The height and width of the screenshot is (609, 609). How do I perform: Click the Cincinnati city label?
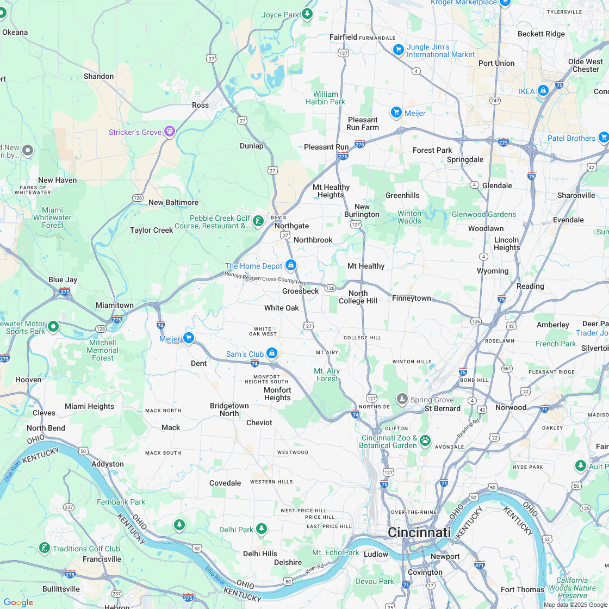click(x=419, y=532)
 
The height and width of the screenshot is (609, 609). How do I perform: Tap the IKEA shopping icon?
click(x=542, y=90)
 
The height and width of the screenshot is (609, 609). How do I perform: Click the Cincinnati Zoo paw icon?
click(x=425, y=440)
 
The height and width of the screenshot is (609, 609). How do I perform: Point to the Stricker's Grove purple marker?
click(x=170, y=132)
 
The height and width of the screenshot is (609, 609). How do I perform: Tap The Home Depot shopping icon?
click(x=291, y=265)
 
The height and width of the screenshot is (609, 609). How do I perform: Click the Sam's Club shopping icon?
click(x=271, y=353)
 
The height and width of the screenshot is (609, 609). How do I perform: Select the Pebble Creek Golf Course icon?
click(x=258, y=221)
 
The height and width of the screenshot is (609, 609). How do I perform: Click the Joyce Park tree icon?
click(x=307, y=14)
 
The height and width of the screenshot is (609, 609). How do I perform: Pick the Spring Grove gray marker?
click(x=402, y=399)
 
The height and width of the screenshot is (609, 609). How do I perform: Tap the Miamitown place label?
click(x=115, y=305)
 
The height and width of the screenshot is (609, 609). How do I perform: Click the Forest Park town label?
click(x=432, y=150)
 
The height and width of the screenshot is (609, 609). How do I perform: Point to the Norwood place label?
click(x=511, y=407)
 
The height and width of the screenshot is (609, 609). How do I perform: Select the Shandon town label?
click(x=98, y=76)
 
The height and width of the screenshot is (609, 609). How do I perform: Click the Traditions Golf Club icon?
click(x=45, y=548)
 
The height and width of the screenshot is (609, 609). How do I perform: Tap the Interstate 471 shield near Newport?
click(x=479, y=564)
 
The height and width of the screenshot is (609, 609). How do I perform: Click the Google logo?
click(x=18, y=602)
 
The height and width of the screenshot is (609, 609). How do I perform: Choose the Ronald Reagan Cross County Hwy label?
click(x=265, y=278)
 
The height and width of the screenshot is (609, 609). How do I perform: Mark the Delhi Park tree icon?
click(x=262, y=529)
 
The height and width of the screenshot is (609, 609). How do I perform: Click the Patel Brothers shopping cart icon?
click(x=603, y=138)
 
